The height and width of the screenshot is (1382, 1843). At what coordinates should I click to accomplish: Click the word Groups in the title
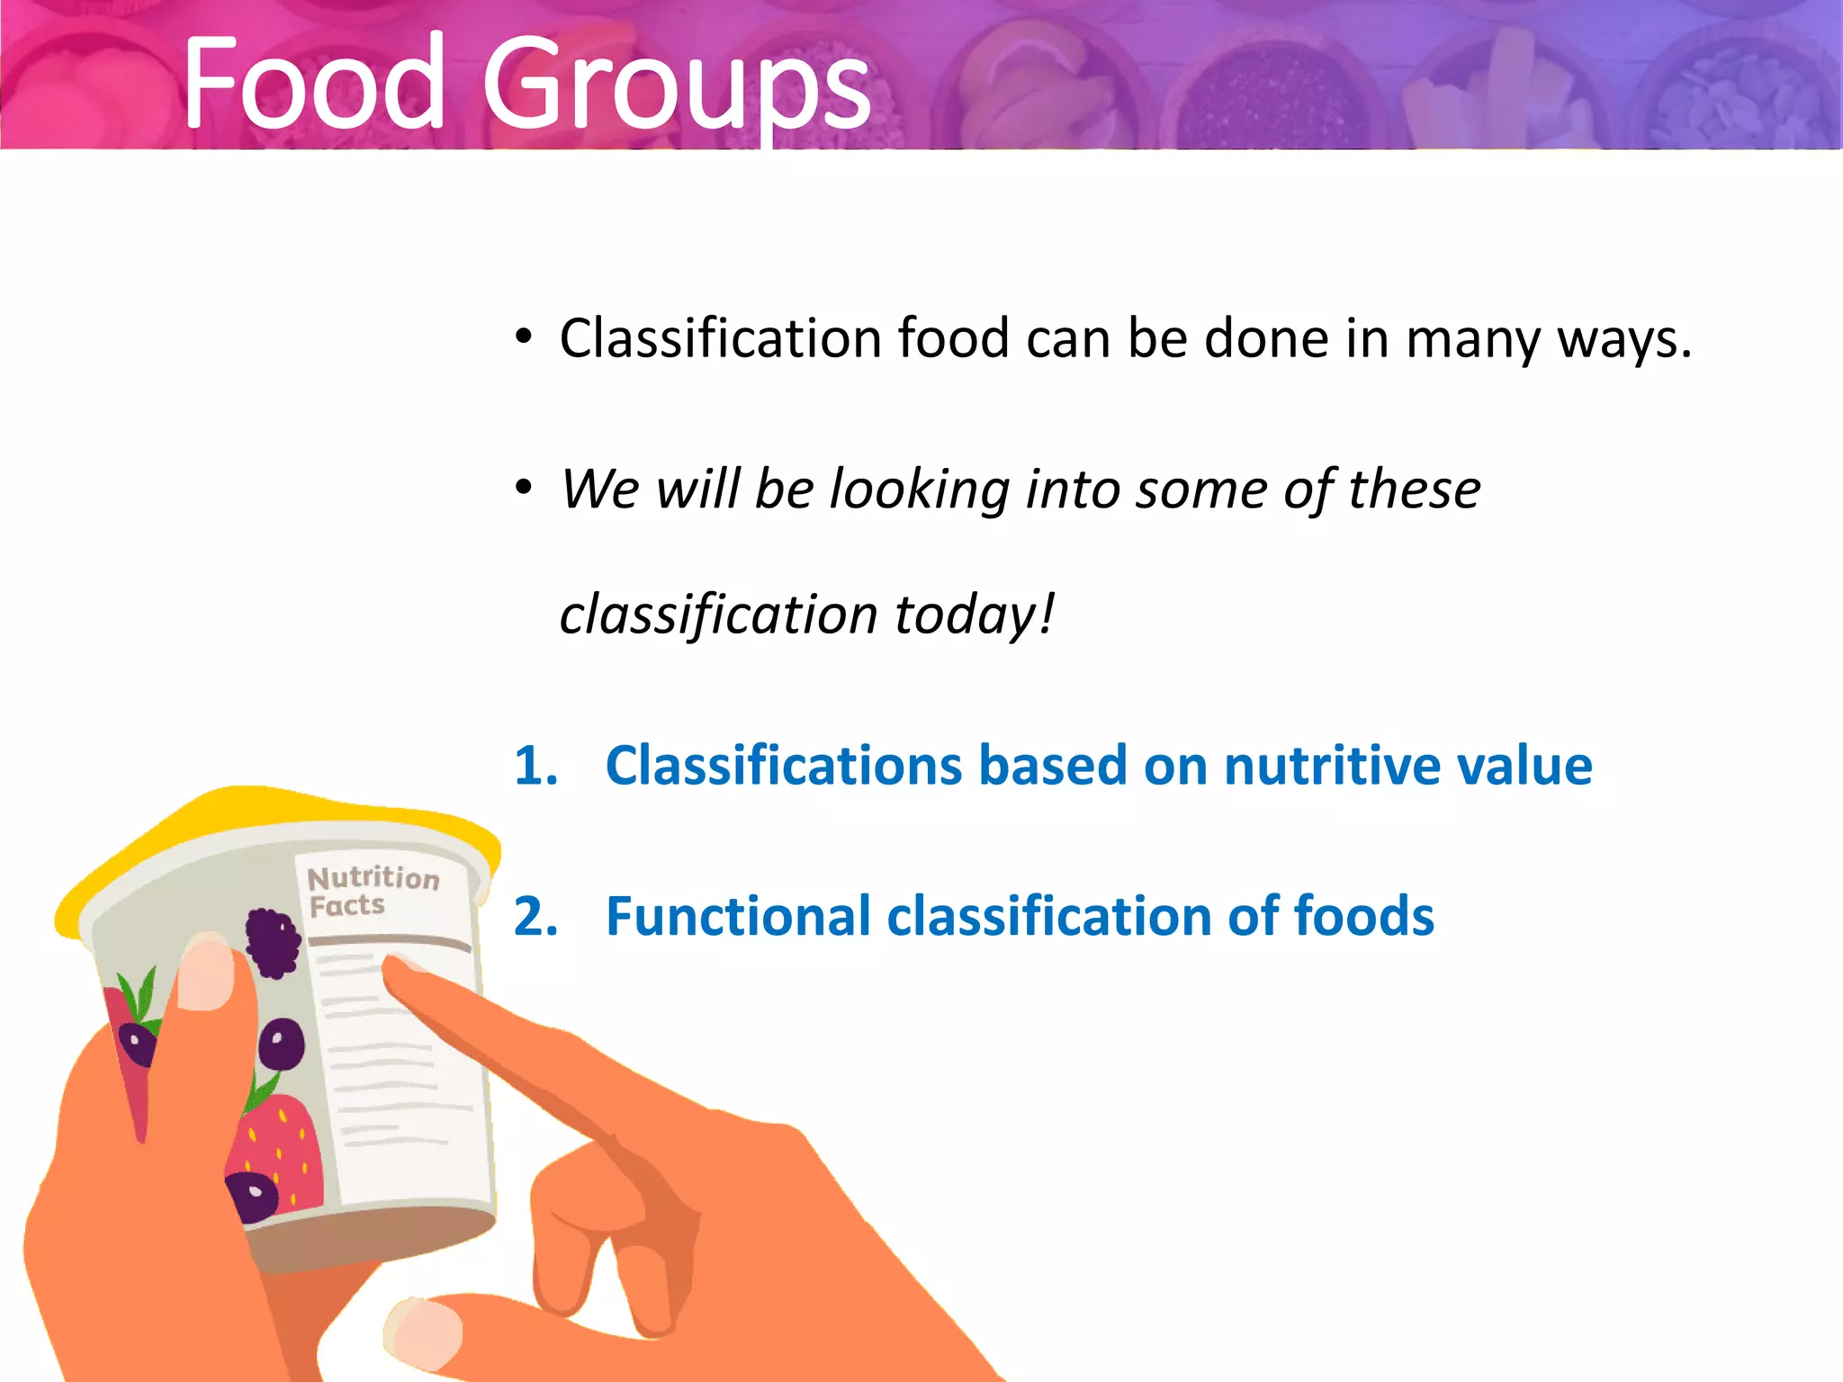pyautogui.click(x=675, y=85)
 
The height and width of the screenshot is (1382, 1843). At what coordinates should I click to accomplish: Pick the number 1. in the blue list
pyautogui.click(x=535, y=766)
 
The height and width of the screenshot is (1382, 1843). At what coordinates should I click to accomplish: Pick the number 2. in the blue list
pyautogui.click(x=535, y=917)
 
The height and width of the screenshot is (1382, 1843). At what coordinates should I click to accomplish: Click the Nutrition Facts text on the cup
pyautogui.click(x=371, y=891)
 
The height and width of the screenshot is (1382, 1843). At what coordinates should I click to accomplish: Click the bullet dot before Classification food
pyautogui.click(x=524, y=338)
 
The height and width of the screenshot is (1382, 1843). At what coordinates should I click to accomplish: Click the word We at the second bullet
pyautogui.click(x=599, y=490)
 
